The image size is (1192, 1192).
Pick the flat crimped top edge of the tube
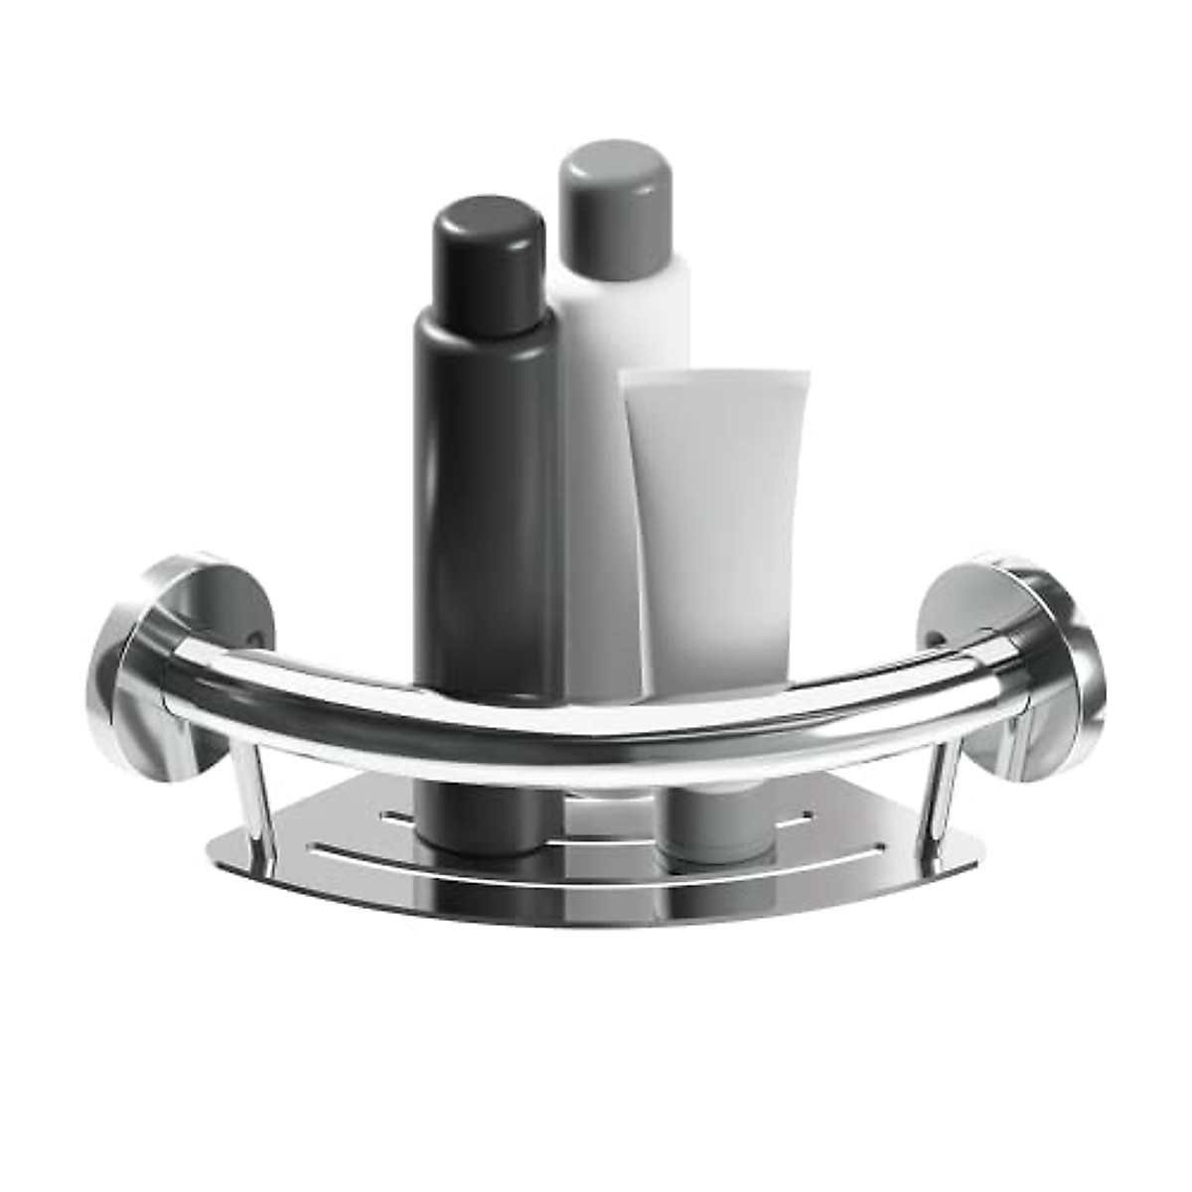(715, 378)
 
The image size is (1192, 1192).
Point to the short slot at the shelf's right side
(795, 821)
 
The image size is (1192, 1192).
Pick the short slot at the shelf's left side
(397, 819)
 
